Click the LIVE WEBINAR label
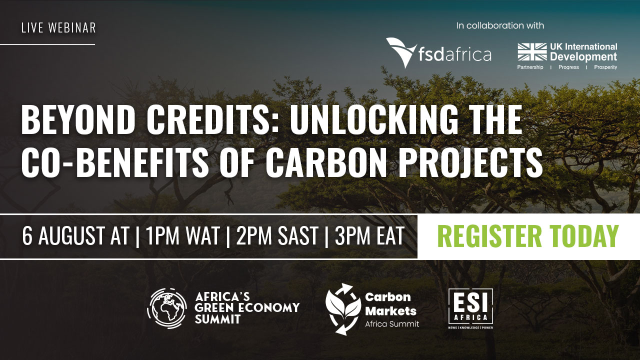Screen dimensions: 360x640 click(x=58, y=28)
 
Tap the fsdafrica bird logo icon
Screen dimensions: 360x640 click(x=401, y=52)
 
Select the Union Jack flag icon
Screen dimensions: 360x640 click(x=532, y=52)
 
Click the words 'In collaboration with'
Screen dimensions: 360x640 click(x=500, y=25)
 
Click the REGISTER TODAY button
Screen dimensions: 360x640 click(x=528, y=236)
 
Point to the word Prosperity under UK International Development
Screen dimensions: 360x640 click(x=605, y=67)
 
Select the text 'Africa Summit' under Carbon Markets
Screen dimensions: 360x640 click(x=392, y=324)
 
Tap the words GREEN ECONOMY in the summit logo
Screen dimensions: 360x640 click(x=247, y=307)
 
